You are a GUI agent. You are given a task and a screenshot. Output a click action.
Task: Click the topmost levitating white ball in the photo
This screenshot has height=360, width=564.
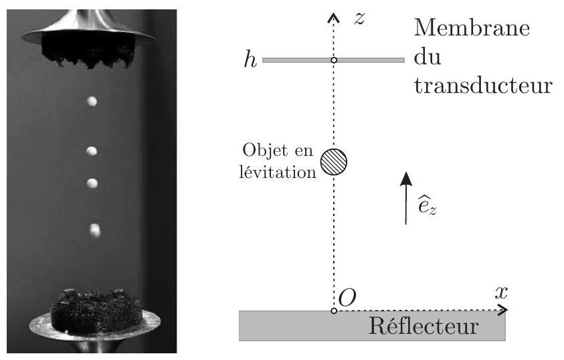click(x=92, y=102)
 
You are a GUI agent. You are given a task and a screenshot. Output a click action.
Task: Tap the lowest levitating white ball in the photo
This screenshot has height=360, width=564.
click(x=95, y=231)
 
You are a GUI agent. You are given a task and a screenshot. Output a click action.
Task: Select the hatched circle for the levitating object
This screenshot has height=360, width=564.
click(x=334, y=162)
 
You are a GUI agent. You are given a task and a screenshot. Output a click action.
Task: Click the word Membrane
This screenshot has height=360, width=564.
click(x=472, y=27)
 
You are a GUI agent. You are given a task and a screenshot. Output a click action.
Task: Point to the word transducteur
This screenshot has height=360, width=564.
click(x=483, y=85)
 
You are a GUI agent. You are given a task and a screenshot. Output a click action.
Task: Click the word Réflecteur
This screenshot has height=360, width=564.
click(x=424, y=326)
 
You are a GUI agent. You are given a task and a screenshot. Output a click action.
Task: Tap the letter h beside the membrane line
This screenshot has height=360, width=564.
click(x=250, y=59)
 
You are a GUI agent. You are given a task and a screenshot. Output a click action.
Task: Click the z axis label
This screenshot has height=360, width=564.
click(x=359, y=19)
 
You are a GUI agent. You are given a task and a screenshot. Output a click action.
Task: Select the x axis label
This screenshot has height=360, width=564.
click(x=501, y=292)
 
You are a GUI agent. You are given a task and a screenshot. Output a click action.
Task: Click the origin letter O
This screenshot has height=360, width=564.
click(x=347, y=298)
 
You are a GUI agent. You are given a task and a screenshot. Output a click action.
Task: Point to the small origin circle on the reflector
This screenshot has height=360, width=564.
click(x=334, y=310)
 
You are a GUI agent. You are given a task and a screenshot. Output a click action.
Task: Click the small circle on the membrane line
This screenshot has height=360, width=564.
click(x=334, y=60)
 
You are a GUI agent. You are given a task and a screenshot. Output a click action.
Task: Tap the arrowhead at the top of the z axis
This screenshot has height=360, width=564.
click(x=333, y=17)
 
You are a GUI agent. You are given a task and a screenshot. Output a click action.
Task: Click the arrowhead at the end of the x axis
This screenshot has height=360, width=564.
click(x=503, y=310)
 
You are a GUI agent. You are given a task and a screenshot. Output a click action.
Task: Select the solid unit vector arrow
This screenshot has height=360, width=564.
click(x=407, y=198)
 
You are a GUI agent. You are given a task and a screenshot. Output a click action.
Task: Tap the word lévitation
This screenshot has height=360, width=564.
click(x=278, y=172)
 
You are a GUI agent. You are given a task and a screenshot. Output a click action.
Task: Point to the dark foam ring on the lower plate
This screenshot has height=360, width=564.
click(x=96, y=311)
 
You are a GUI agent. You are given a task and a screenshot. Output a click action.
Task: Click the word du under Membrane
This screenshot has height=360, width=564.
click(x=428, y=56)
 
